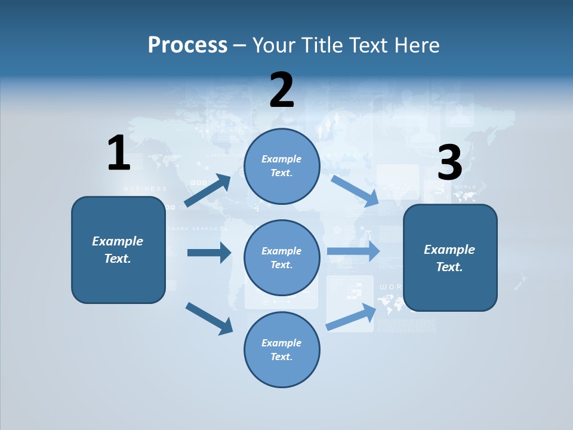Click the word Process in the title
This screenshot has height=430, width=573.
(187, 45)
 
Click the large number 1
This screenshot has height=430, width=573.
(119, 153)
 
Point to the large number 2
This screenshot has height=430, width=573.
(282, 90)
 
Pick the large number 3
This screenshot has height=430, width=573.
(449, 163)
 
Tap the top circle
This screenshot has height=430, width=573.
(282, 166)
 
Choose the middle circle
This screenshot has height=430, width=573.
(282, 257)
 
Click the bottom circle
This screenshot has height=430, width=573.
(282, 349)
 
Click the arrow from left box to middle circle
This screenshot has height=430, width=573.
(210, 253)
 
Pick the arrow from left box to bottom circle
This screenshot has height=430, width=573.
(210, 318)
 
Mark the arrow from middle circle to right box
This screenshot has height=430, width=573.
(353, 251)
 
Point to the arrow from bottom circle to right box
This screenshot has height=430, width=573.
(352, 317)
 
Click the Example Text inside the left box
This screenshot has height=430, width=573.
(118, 250)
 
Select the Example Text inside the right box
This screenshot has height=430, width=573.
(449, 258)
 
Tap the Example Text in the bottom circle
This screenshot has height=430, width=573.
(281, 349)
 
